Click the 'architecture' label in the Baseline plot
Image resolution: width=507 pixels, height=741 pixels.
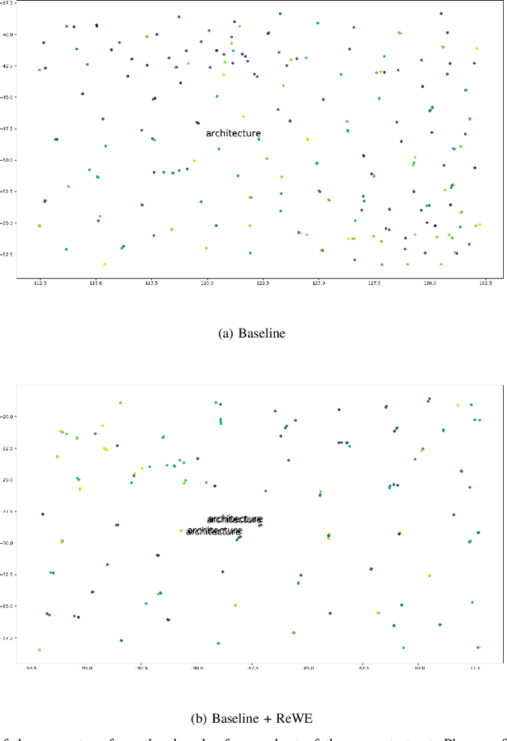coord(233,134)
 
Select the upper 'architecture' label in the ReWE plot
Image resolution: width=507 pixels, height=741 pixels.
coord(234,519)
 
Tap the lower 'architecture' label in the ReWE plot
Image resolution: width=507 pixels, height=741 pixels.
coord(214,531)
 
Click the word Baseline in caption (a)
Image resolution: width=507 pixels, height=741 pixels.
coord(264,333)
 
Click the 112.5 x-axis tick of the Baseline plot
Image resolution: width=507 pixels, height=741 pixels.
coord(40,283)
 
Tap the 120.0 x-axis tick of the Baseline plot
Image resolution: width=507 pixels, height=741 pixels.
coord(207,283)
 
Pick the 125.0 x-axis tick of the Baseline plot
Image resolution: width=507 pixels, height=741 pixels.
coord(318,283)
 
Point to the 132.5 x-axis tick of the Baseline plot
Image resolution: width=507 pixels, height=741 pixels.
coord(485,283)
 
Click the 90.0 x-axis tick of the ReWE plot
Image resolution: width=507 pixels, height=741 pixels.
coord(197,668)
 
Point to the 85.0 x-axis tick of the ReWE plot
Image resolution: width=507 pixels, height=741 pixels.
coord(308,668)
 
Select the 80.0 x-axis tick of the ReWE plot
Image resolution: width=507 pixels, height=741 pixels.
coord(418,668)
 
